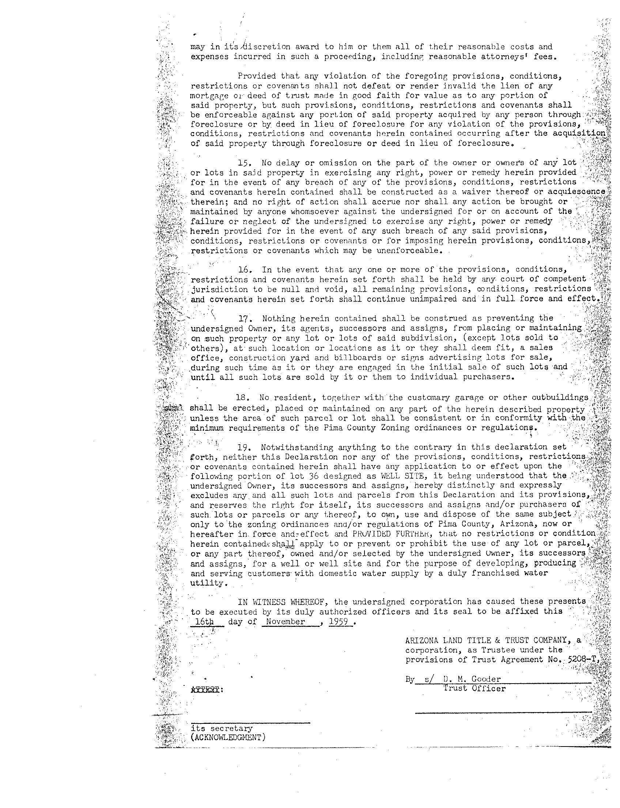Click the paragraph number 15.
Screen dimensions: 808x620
[245, 163]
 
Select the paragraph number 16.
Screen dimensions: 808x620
[245, 270]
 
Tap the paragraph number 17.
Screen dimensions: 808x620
[245, 318]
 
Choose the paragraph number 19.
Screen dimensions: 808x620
[245, 448]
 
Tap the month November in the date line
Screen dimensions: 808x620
[285, 621]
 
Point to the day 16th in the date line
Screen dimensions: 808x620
[204, 621]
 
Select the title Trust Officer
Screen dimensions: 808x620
[474, 688]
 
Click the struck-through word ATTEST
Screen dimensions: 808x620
[205, 689]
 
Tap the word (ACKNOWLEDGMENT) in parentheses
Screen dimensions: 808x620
[228, 737]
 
